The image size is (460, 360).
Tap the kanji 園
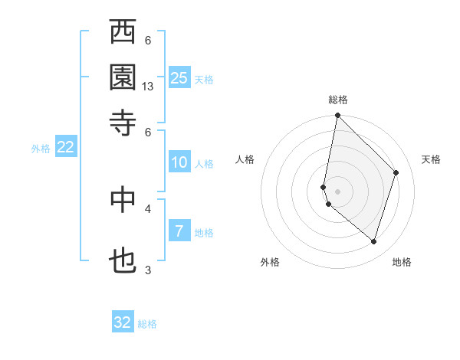click(123, 77)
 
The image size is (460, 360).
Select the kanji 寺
click(123, 123)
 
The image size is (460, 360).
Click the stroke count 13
click(148, 87)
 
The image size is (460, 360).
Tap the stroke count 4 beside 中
click(148, 208)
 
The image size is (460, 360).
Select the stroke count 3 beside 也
click(148, 270)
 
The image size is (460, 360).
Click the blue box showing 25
click(179, 77)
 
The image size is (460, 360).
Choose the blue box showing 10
click(179, 162)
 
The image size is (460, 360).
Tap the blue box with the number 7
click(179, 231)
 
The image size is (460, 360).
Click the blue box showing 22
click(65, 148)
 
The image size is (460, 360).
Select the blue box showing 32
click(123, 322)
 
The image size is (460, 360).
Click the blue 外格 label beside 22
click(41, 149)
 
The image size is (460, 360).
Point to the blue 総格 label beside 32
click(147, 324)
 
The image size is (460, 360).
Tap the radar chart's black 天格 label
click(431, 159)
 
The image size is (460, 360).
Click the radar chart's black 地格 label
click(402, 262)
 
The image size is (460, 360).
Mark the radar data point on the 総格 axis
click(337, 116)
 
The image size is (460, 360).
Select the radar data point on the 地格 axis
click(373, 241)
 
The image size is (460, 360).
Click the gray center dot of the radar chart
click(337, 191)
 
